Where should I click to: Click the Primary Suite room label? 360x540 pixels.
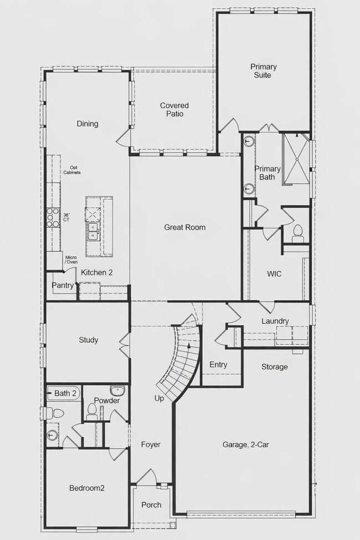coord(263,71)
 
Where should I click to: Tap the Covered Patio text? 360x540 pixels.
coord(174,110)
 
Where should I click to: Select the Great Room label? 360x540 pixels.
coord(184,227)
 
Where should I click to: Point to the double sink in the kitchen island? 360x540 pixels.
coord(92,231)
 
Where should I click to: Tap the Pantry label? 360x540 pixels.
coord(62,286)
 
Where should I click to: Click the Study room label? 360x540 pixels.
coord(88,340)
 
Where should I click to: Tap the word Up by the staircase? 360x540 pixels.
coord(160,399)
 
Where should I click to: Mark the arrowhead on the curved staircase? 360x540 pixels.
coord(190,346)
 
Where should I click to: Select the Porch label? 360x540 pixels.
coord(151,505)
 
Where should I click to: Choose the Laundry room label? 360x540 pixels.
coord(275,321)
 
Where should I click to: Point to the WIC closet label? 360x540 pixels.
coord(275,274)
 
